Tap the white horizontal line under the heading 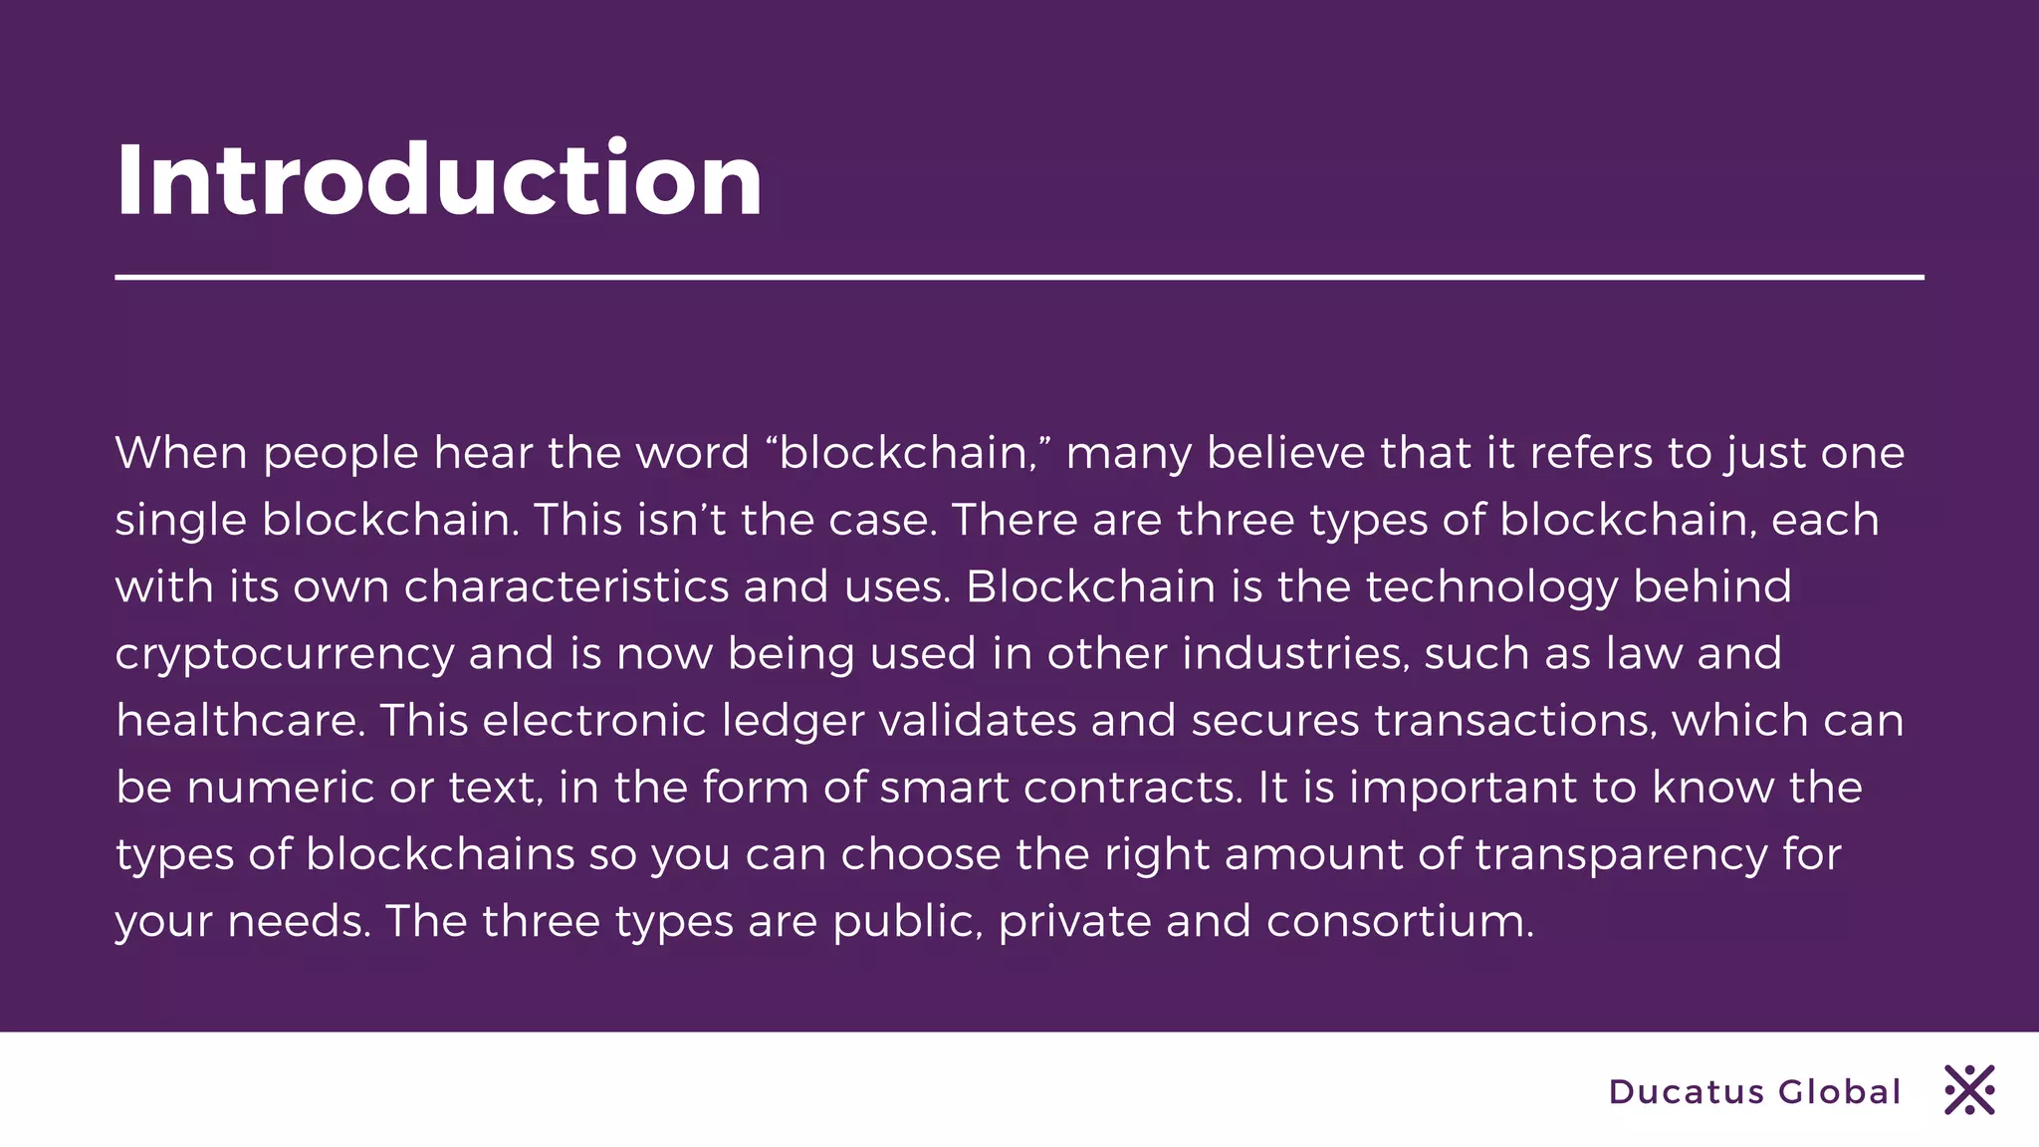coord(1019,277)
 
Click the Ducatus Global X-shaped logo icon coord(1969,1090)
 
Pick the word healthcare coord(239,721)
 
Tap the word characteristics coord(566,586)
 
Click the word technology coord(1491,587)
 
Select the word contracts coord(1132,788)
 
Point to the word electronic coord(594,721)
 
